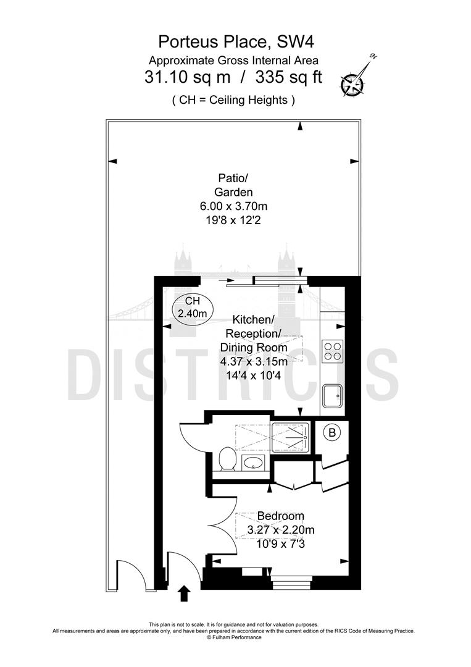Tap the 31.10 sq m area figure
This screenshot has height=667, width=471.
coord(180,79)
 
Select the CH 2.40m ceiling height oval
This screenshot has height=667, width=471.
coord(192,307)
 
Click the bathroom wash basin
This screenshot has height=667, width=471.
coord(253,463)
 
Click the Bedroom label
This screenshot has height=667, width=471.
coord(280,516)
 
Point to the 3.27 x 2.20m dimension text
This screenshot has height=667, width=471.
coord(280,530)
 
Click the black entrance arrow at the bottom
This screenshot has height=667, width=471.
coord(183,594)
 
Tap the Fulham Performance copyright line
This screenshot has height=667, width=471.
coord(234,637)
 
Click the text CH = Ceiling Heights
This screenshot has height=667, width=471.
coord(233,100)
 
